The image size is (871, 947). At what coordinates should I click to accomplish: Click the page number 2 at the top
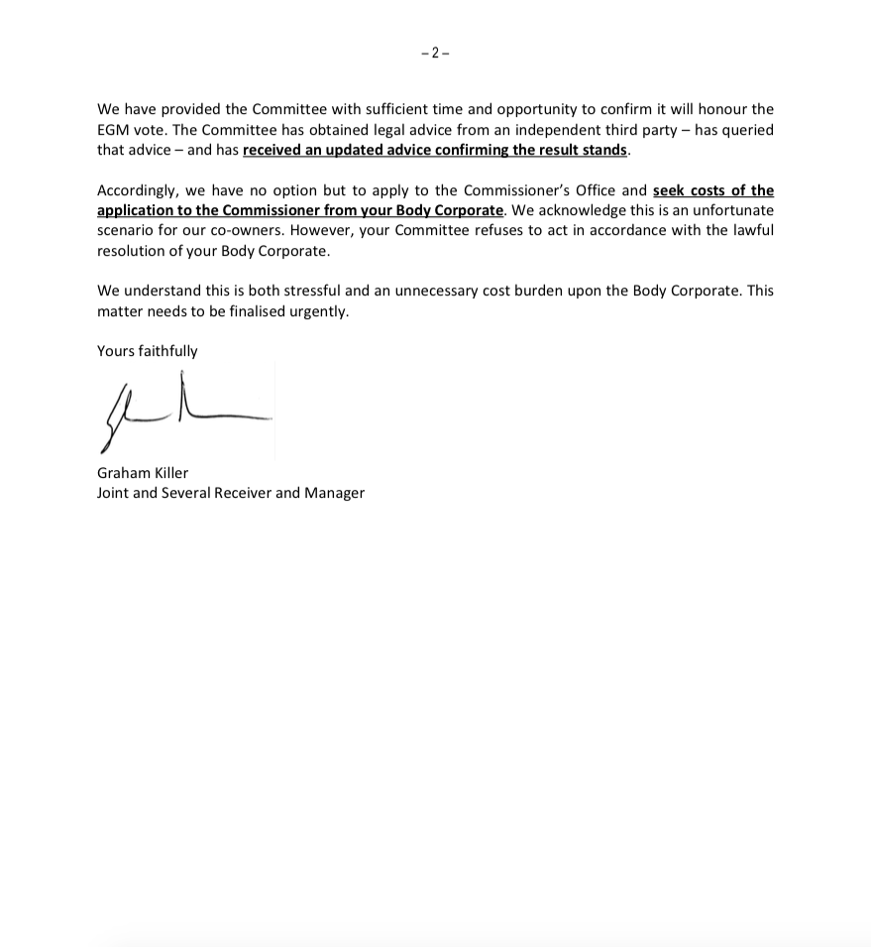pyautogui.click(x=436, y=54)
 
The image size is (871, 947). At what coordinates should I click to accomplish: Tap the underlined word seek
pyautogui.click(x=670, y=190)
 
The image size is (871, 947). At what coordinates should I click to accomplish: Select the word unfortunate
pyautogui.click(x=729, y=210)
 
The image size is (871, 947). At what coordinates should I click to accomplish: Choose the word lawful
pyautogui.click(x=751, y=230)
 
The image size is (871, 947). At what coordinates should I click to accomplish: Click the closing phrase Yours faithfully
pyautogui.click(x=148, y=351)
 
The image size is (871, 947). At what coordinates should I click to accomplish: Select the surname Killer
pyautogui.click(x=168, y=473)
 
